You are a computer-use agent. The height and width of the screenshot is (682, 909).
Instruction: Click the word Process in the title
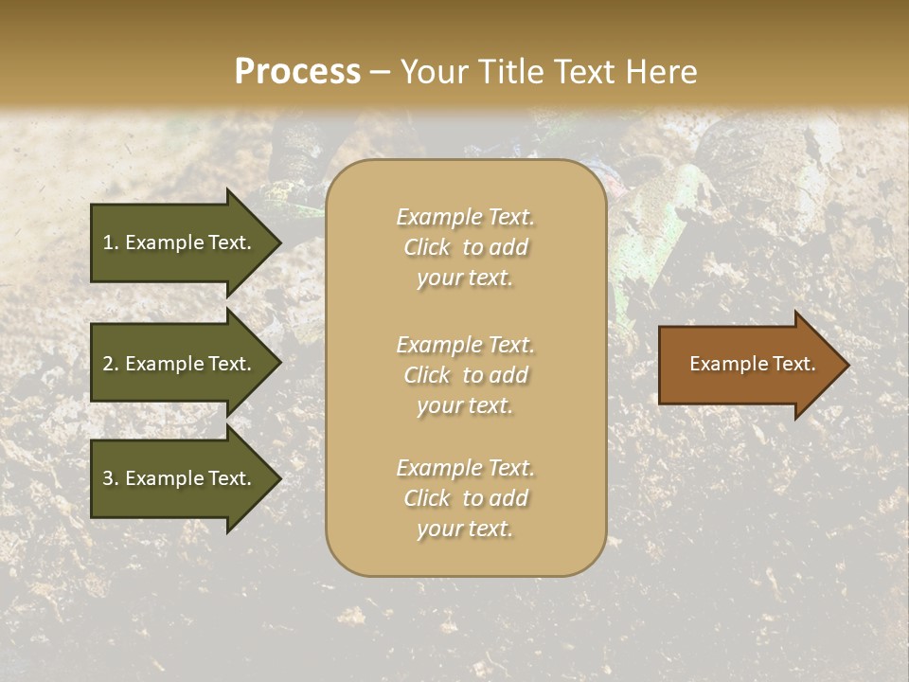click(297, 72)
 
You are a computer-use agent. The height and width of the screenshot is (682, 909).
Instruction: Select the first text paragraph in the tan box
click(465, 247)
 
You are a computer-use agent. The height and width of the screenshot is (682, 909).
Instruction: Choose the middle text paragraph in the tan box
click(465, 375)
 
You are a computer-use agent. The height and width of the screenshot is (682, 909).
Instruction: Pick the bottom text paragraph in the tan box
click(465, 498)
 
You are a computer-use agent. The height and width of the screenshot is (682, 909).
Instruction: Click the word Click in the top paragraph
click(427, 247)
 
